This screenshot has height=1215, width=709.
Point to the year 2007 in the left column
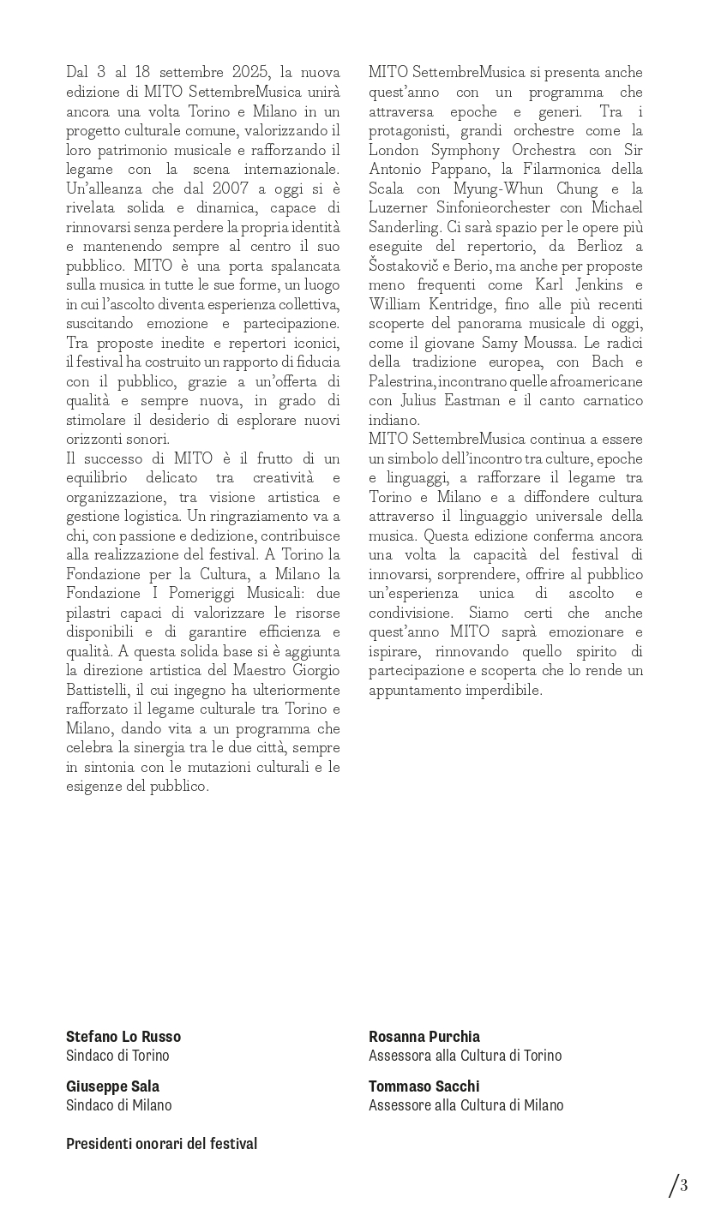232,189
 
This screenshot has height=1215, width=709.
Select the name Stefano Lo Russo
123,1037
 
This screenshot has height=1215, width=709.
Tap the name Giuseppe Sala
112,1086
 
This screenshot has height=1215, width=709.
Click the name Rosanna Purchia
424,1037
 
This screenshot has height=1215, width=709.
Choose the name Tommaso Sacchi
424,1086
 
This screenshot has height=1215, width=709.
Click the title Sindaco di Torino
117,1056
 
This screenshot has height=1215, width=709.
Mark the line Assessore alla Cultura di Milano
466,1105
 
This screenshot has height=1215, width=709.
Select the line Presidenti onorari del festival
161,1144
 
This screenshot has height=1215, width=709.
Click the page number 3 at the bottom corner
683,1187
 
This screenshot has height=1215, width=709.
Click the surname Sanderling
403,227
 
